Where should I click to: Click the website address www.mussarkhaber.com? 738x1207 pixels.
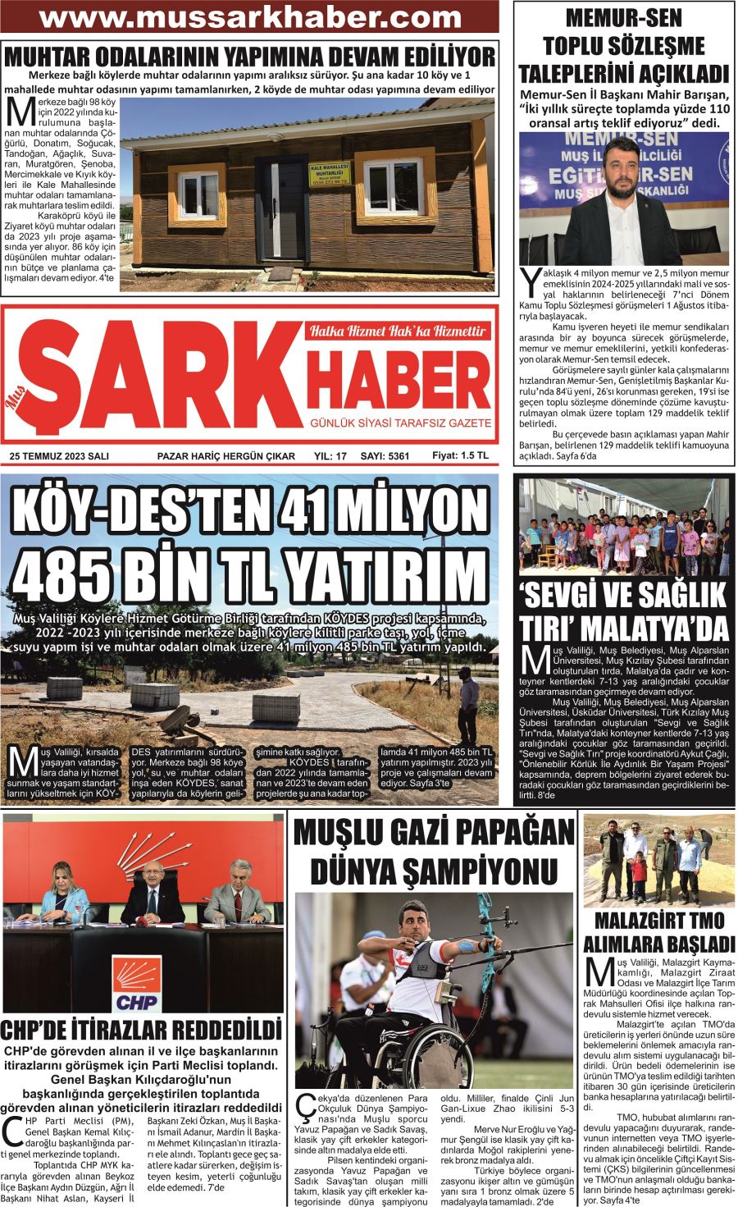250,17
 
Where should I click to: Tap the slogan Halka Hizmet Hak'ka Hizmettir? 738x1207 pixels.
397,332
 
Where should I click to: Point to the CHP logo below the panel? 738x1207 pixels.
137,981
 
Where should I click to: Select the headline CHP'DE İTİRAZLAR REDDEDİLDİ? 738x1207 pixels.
141,1030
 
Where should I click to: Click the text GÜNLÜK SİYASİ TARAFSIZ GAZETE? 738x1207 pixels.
399,423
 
